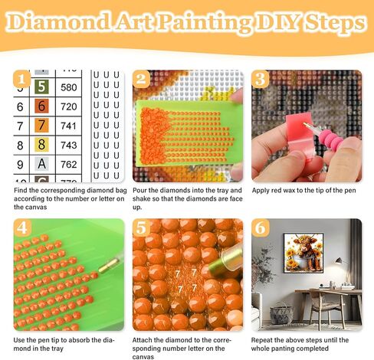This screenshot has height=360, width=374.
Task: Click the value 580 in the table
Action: point(68,87)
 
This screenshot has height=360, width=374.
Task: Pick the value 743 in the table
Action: point(68,145)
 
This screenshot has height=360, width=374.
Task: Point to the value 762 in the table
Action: point(68,163)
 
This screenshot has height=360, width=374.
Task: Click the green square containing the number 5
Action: point(41,87)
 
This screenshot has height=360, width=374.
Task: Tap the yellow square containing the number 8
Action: point(41,144)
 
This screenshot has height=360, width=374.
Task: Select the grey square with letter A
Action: point(41,163)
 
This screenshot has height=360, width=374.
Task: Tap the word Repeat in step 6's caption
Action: point(264,339)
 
